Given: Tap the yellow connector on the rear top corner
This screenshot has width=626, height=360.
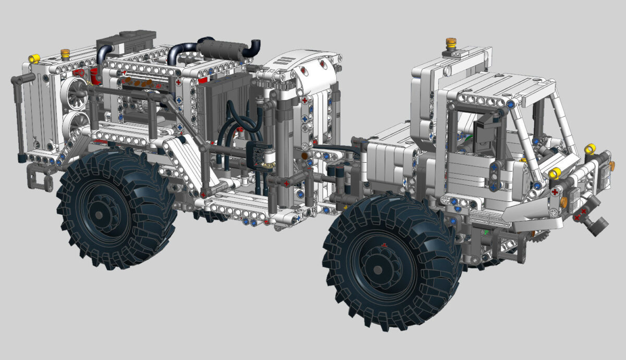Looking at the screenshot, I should coord(34,58).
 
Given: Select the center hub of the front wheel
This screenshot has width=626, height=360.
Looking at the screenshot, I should coord(378,269).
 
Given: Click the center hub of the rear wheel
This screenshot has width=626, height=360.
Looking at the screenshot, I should coord(99,214).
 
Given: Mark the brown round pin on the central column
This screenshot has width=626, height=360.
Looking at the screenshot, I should coord(304,155).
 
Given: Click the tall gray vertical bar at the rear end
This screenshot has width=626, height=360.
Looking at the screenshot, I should coord(20,117).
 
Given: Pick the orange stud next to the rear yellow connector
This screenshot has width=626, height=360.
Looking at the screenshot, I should coord(65,53).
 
